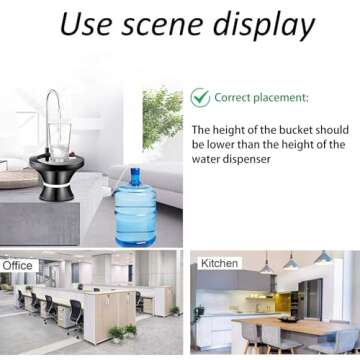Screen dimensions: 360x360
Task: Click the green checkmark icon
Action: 201,98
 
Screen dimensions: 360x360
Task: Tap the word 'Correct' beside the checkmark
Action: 237,98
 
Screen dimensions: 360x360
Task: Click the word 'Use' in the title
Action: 87,23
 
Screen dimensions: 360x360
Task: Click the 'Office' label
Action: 17,266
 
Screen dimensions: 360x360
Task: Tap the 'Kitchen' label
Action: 220,264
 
